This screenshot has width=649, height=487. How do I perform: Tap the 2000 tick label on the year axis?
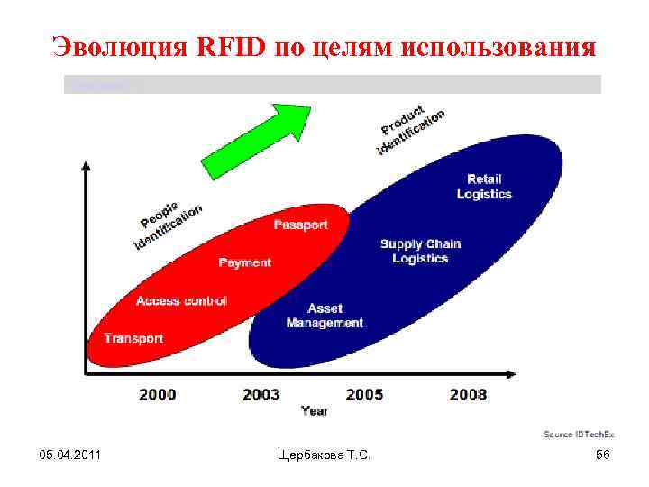[158, 394]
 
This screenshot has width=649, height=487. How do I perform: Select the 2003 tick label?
[261, 394]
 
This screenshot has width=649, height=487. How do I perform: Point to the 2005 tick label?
[364, 394]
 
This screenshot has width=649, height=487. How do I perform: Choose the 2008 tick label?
[468, 394]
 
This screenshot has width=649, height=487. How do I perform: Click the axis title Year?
[315, 411]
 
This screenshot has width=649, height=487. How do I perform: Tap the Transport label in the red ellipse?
[133, 338]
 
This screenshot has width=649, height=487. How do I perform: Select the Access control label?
[181, 300]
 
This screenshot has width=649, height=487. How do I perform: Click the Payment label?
[244, 262]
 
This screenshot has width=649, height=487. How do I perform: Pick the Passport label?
[300, 225]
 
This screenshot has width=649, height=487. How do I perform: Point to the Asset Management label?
[324, 316]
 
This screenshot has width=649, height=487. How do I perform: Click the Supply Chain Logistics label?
[420, 251]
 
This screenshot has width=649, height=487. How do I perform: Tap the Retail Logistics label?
[484, 187]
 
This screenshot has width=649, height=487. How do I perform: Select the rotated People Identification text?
[168, 222]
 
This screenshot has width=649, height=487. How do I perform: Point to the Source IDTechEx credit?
[576, 435]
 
